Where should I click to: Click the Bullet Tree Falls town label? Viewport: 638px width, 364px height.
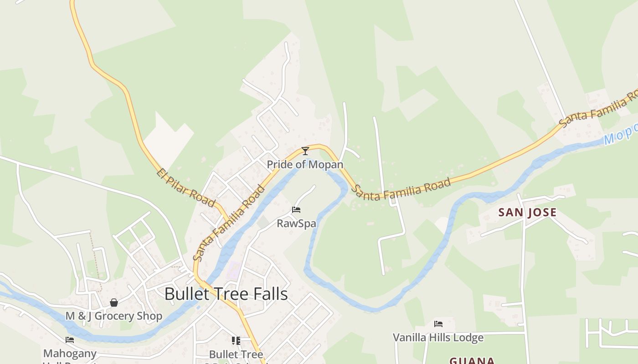click(226, 294)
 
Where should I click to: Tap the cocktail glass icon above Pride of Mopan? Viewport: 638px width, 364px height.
click(305, 151)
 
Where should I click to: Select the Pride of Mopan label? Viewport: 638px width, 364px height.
click(305, 164)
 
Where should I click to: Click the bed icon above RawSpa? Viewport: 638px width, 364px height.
click(296, 210)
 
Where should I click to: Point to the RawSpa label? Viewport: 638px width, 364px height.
click(296, 223)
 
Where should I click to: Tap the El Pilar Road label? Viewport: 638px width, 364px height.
click(185, 187)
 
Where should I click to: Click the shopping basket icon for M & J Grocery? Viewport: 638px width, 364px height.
click(114, 303)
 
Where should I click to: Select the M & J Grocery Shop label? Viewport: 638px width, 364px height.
click(114, 316)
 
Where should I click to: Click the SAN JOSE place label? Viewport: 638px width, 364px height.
click(527, 212)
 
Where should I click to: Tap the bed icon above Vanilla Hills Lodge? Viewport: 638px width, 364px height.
click(438, 324)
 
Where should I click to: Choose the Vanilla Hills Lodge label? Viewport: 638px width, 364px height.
click(438, 338)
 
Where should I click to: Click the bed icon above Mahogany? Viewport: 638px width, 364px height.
click(70, 339)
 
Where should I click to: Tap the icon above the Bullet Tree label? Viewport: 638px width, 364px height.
click(236, 340)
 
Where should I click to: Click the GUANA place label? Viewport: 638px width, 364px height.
click(472, 360)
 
